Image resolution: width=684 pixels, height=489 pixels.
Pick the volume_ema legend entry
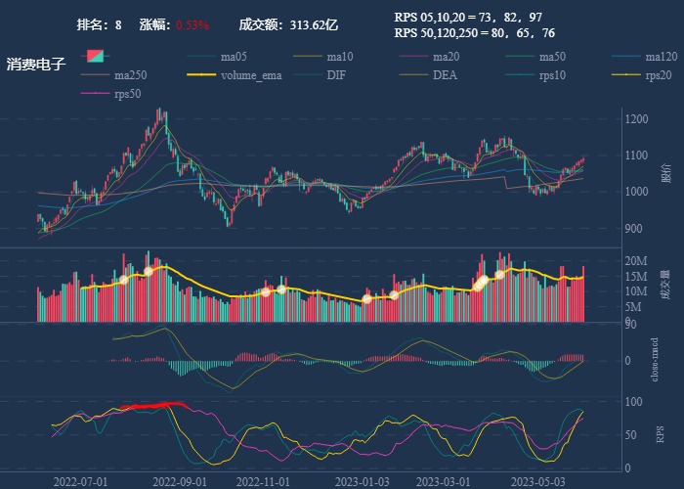(251, 75)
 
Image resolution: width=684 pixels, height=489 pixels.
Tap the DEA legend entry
(445, 75)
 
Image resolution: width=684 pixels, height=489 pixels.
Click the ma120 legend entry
(662, 57)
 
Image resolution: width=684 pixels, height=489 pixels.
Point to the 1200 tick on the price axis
(638, 119)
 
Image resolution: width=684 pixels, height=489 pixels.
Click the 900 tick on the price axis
(635, 229)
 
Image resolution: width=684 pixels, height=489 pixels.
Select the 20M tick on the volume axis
(636, 261)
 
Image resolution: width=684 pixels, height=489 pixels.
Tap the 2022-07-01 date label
(81, 481)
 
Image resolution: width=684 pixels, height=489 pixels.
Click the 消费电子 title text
(35, 65)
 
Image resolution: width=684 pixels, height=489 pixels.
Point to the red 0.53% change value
(192, 24)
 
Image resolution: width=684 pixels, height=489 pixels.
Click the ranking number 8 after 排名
(118, 24)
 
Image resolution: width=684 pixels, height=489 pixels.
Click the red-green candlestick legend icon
(95, 57)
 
